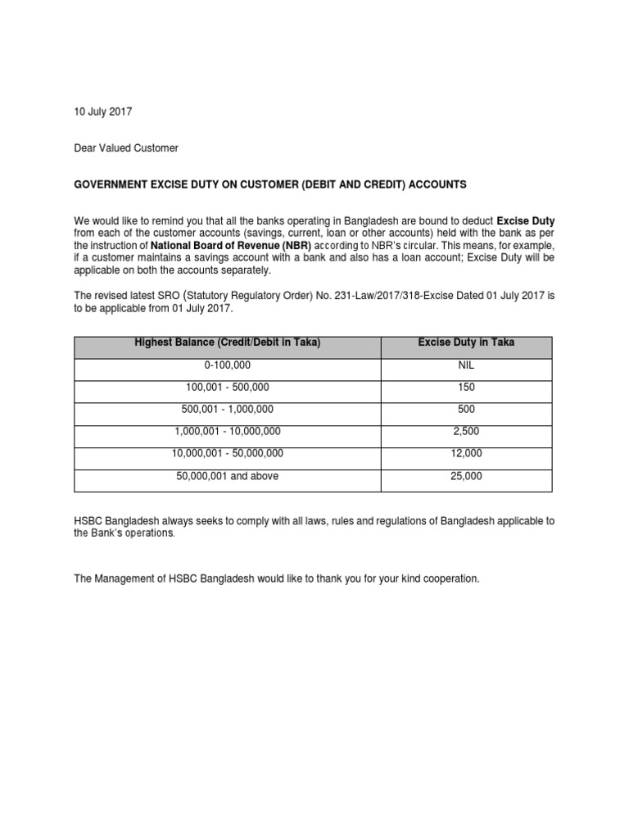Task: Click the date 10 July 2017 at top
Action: click(x=103, y=111)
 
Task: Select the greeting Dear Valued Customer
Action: click(x=126, y=148)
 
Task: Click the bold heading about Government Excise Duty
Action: click(x=270, y=185)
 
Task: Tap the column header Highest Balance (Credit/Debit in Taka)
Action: click(x=227, y=342)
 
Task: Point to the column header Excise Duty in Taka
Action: click(x=466, y=342)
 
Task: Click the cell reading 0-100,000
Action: click(x=227, y=365)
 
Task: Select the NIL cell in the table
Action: click(x=466, y=365)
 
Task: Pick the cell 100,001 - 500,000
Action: click(x=227, y=387)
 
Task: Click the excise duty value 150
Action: click(x=466, y=387)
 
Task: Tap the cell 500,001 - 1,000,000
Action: click(x=227, y=409)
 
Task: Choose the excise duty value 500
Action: click(x=466, y=409)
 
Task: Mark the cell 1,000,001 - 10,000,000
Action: click(x=227, y=431)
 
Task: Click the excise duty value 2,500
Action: click(x=466, y=431)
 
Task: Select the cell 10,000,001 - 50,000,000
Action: click(x=227, y=453)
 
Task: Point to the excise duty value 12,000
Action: click(x=466, y=453)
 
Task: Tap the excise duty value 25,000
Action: click(x=466, y=476)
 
